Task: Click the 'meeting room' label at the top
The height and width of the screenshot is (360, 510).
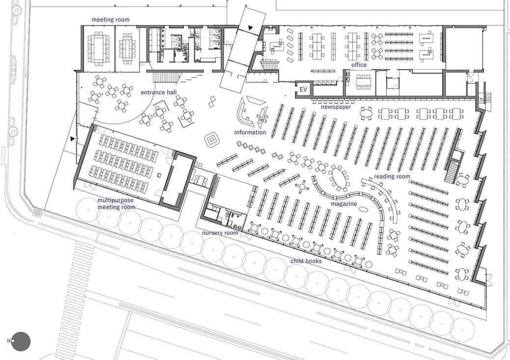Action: click(x=110, y=20)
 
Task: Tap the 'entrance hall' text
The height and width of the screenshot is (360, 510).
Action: click(x=159, y=92)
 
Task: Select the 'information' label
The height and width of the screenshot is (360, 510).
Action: click(x=250, y=132)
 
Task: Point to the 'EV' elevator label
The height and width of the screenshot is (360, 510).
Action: click(x=303, y=89)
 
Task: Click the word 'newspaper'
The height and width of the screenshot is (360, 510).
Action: click(x=336, y=107)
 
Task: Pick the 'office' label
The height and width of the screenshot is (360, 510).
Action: click(x=359, y=65)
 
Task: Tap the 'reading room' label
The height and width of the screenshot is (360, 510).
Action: click(x=392, y=177)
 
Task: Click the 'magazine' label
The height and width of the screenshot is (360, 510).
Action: click(x=344, y=204)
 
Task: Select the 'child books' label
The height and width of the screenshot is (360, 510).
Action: click(x=306, y=261)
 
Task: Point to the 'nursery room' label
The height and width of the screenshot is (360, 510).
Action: click(x=220, y=233)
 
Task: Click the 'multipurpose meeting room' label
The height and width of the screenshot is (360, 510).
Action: click(x=116, y=204)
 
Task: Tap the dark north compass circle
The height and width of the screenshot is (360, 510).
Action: click(x=21, y=341)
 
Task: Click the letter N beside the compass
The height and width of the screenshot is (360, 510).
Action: click(x=8, y=341)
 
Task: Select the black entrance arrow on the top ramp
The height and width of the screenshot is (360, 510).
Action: click(x=250, y=28)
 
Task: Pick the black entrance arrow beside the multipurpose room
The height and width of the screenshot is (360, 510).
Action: click(x=72, y=139)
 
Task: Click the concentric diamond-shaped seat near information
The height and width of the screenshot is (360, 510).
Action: click(x=212, y=140)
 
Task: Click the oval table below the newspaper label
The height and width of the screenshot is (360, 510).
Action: click(x=367, y=114)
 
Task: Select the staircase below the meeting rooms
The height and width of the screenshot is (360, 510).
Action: click(x=166, y=77)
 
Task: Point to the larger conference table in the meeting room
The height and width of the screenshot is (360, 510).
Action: click(x=97, y=49)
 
